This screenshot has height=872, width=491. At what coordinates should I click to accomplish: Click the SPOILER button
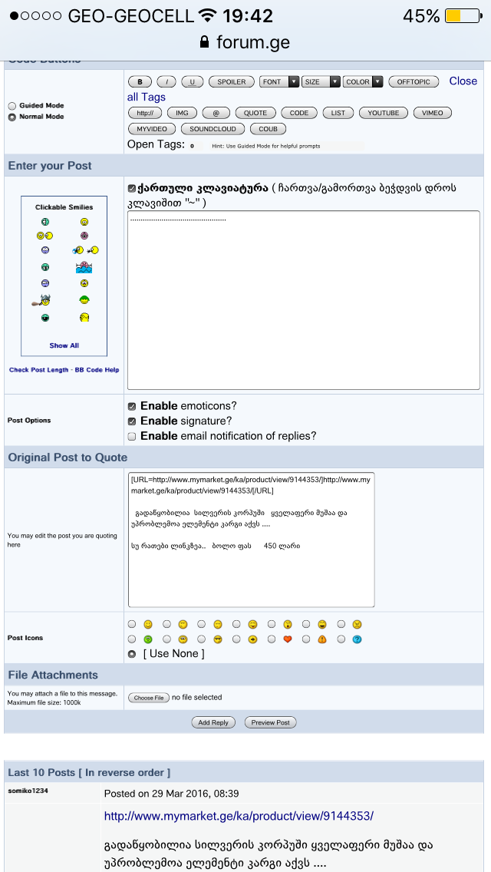point(232,82)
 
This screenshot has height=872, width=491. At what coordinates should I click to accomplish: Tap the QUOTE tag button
point(255,113)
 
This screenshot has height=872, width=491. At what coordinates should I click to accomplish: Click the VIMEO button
point(432,113)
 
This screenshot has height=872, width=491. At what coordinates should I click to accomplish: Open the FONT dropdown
point(279,82)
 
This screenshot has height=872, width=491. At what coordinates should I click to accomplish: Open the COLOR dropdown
point(363,82)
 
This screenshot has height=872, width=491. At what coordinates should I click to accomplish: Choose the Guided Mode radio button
point(12,106)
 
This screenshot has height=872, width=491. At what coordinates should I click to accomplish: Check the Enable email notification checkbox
point(132,436)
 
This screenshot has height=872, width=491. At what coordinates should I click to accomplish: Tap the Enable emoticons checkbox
point(132,406)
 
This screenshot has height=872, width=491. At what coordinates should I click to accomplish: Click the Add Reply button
point(213,722)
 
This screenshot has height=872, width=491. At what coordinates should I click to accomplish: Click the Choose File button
point(148,698)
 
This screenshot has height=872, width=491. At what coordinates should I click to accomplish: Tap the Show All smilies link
point(64,345)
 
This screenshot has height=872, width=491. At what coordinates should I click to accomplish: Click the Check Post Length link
point(38,370)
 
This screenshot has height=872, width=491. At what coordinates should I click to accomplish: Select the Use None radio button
point(132,654)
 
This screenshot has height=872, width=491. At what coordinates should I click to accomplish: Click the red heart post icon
point(288,639)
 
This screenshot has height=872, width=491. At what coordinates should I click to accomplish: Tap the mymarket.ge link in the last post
point(239,816)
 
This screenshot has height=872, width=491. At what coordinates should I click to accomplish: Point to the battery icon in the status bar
point(463,16)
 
